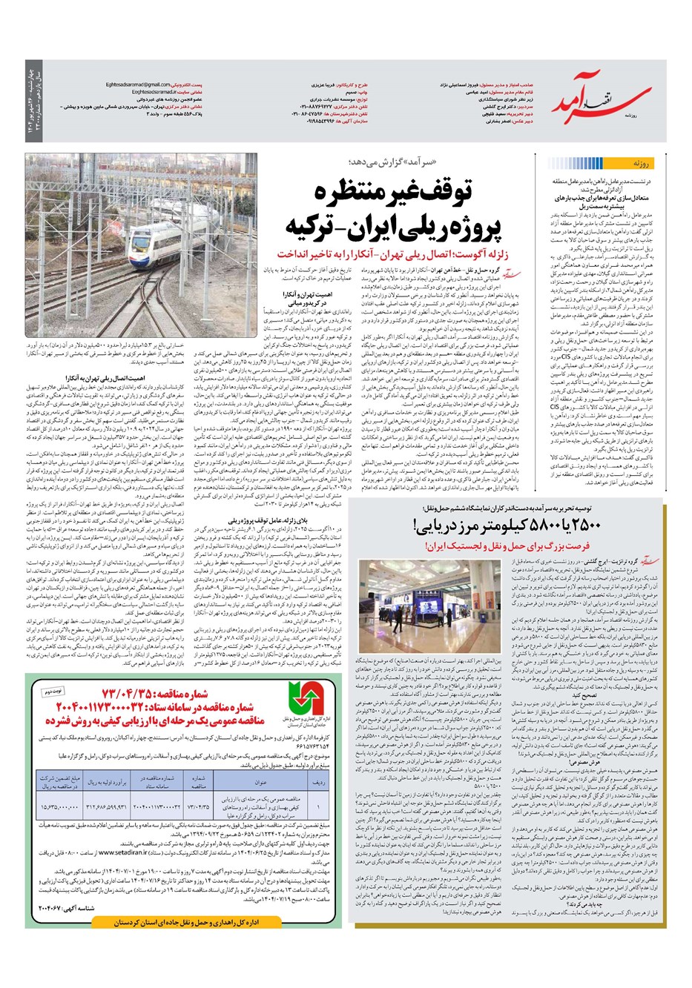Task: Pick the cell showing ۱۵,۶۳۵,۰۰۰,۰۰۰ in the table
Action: pyautogui.click(x=60, y=806)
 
